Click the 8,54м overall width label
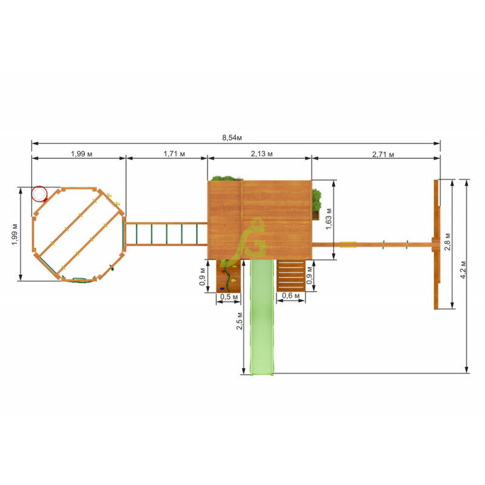click(232, 138)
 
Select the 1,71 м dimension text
click(174, 154)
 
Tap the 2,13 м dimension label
click(262, 154)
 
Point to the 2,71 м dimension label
click(383, 155)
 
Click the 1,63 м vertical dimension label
click(329, 219)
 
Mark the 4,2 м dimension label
click(463, 270)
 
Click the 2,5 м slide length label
click(239, 321)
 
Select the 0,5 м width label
click(229, 296)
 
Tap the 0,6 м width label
click(291, 296)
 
